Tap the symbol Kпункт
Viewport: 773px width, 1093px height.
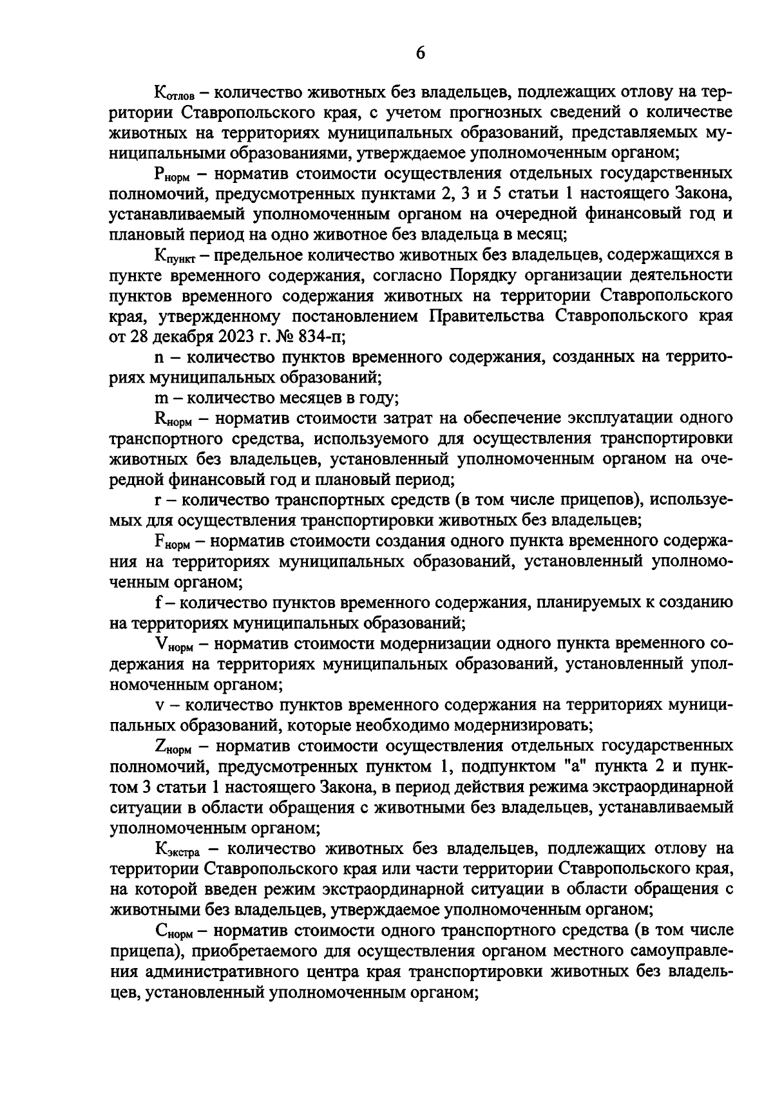click(x=177, y=256)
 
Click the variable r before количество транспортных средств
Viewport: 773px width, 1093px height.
click(x=158, y=500)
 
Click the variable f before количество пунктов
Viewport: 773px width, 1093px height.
click(x=158, y=603)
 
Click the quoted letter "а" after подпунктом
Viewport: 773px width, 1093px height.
click(x=558, y=766)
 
